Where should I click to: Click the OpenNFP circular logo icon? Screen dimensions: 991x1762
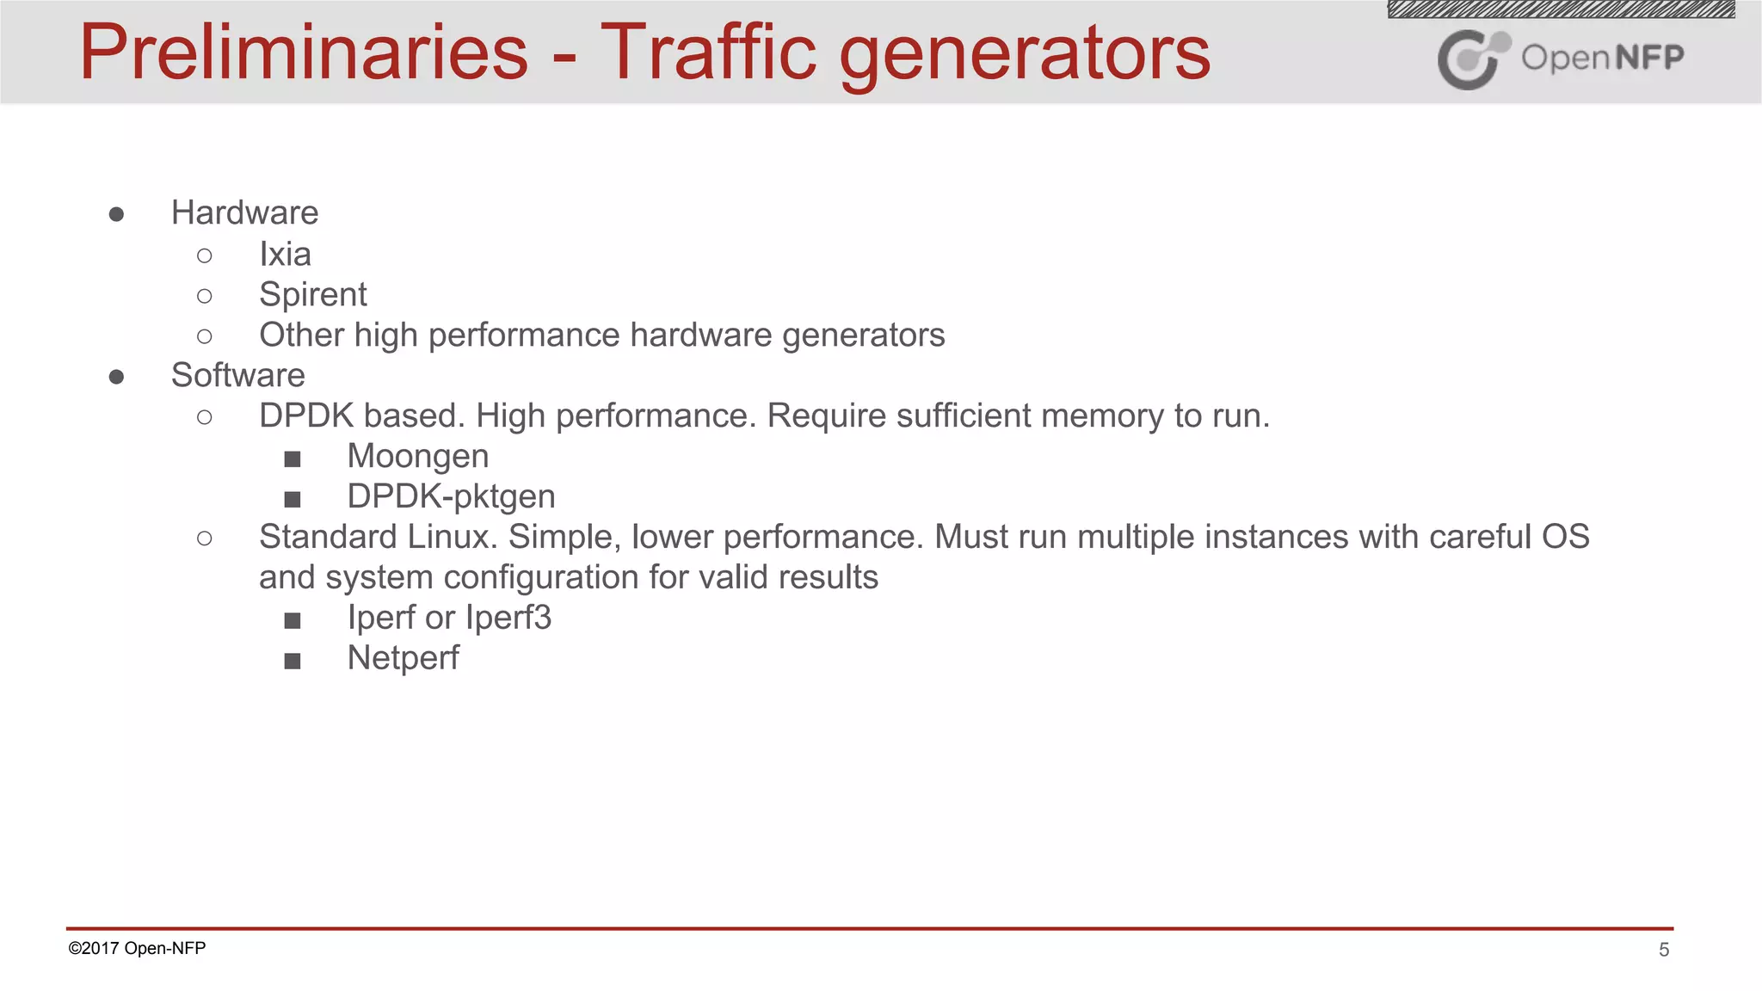coord(1472,58)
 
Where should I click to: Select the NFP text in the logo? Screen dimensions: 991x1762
coord(1649,58)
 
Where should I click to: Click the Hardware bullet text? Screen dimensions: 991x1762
coord(244,212)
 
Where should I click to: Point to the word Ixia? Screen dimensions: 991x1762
coord(285,254)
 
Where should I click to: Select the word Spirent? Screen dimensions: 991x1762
coord(312,294)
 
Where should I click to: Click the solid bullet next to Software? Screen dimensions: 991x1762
coord(117,376)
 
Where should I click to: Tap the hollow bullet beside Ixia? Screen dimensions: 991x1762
coord(204,255)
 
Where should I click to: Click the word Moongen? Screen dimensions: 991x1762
coord(417,456)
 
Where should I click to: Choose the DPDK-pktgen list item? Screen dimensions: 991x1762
coord(451,496)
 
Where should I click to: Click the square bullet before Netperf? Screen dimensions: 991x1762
coord(293,661)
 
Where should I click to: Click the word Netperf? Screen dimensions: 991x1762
coord(403,658)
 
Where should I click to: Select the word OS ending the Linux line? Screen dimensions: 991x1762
coord(1565,537)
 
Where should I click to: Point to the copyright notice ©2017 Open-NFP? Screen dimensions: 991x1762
coord(137,948)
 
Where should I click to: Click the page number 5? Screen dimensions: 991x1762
coord(1664,950)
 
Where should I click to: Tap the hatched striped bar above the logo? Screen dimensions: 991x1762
coord(1561,9)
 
